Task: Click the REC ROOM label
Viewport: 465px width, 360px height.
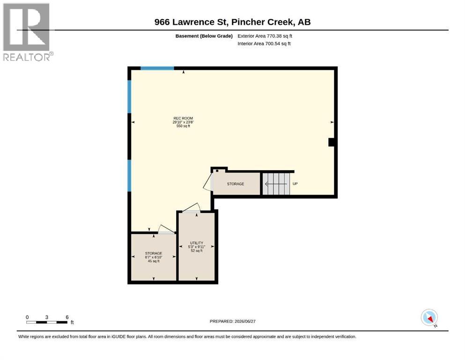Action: [x=183, y=118]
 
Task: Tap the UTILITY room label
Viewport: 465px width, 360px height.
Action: [x=197, y=243]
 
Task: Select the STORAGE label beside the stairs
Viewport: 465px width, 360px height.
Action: [x=236, y=184]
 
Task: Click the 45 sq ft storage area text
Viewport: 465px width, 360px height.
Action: [x=154, y=261]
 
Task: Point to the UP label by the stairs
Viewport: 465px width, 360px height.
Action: [x=295, y=184]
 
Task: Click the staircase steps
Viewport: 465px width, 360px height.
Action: [x=276, y=184]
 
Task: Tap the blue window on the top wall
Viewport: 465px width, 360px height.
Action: [x=157, y=68]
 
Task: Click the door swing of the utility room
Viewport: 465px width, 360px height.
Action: [x=191, y=208]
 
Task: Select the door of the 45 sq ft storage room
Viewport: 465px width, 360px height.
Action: [x=166, y=229]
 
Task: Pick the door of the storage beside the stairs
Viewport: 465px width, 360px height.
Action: [x=208, y=181]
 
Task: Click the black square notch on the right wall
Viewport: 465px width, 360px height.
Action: [x=332, y=142]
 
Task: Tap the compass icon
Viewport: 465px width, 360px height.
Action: [x=429, y=317]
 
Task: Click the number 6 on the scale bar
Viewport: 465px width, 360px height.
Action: [x=67, y=317]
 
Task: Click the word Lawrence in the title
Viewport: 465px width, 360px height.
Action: [x=198, y=22]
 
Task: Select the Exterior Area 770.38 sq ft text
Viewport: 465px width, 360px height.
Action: [x=265, y=36]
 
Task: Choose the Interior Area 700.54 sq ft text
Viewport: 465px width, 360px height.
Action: [x=264, y=44]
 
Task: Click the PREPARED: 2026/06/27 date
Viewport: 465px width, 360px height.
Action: [x=232, y=321]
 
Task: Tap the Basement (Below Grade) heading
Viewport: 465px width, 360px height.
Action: [x=204, y=36]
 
